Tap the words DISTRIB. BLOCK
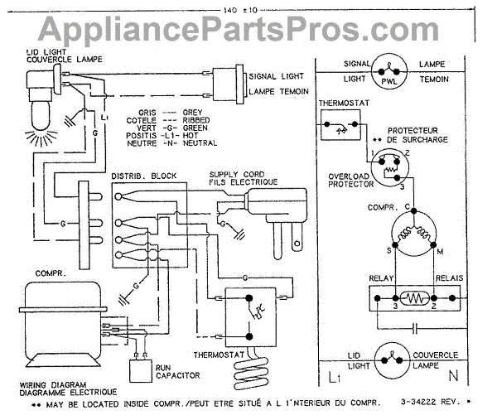click(139, 177)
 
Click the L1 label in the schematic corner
click(334, 379)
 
